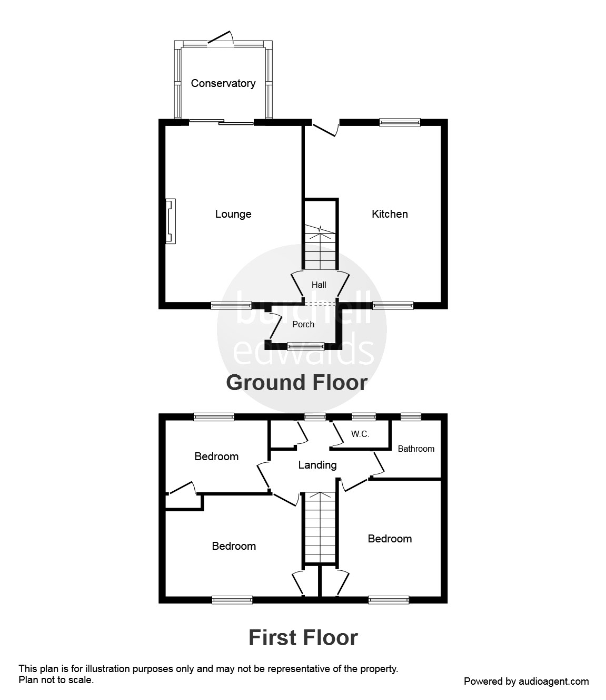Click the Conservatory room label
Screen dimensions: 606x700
pyautogui.click(x=223, y=83)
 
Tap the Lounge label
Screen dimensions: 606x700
pyautogui.click(x=233, y=214)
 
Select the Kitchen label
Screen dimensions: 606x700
pyautogui.click(x=390, y=214)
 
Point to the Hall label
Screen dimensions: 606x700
pyautogui.click(x=319, y=285)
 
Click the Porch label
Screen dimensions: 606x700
pyautogui.click(x=303, y=325)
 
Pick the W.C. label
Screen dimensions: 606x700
pyautogui.click(x=360, y=434)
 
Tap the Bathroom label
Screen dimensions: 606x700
pyautogui.click(x=416, y=449)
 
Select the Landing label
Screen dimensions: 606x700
pyautogui.click(x=317, y=465)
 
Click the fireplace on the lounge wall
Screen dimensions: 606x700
pyautogui.click(x=171, y=221)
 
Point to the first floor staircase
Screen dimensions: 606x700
pyautogui.click(x=320, y=527)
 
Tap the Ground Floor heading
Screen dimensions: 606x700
pyautogui.click(x=296, y=383)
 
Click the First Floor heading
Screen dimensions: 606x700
pyautogui.click(x=303, y=638)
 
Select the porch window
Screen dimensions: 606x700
pyautogui.click(x=306, y=346)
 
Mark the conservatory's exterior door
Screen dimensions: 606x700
pyautogui.click(x=221, y=38)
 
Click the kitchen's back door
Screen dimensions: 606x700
pyautogui.click(x=325, y=128)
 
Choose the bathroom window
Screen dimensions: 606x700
pyautogui.click(x=411, y=417)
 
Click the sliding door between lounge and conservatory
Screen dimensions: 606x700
pyautogui.click(x=221, y=122)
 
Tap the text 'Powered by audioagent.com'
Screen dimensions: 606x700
pyautogui.click(x=526, y=682)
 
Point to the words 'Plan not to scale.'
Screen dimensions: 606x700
pyautogui.click(x=56, y=680)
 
